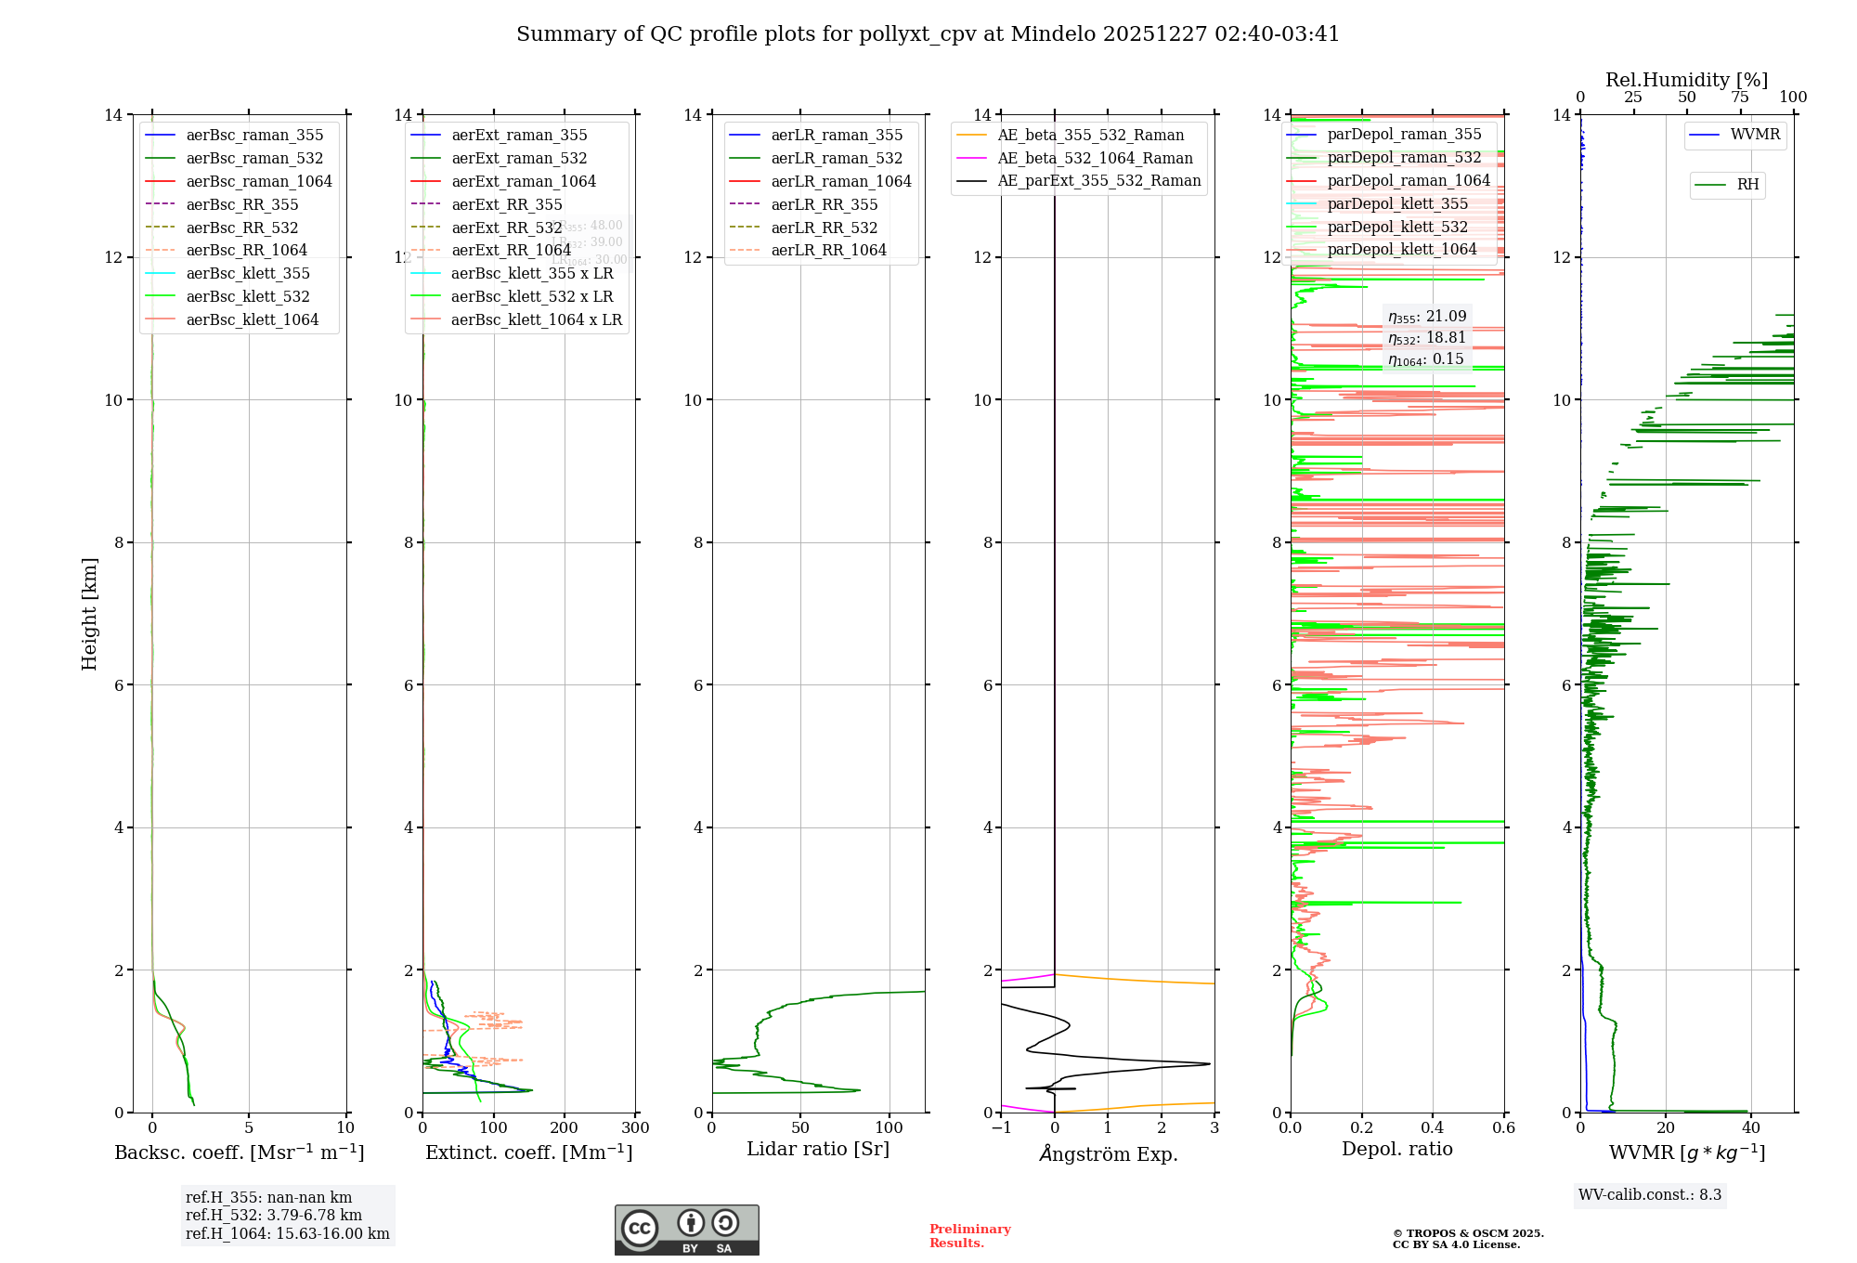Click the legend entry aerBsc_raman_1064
(258, 181)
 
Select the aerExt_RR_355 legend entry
(506, 204)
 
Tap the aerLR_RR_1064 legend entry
(828, 250)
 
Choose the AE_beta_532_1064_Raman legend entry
(1095, 158)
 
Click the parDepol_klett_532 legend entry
(1397, 227)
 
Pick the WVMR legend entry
(1755, 135)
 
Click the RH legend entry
(1747, 185)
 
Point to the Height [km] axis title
(89, 614)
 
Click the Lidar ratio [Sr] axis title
(818, 1149)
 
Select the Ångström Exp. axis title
(1108, 1153)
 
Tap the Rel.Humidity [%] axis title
(1686, 80)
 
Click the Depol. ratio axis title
(1396, 1149)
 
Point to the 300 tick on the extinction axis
(636, 1128)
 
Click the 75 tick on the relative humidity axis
(1740, 98)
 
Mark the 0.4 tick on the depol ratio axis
(1433, 1128)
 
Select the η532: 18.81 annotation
(1426, 338)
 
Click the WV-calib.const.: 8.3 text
(1650, 1195)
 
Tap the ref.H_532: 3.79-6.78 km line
(274, 1215)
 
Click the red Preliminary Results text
(969, 1236)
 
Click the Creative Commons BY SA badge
(686, 1230)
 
